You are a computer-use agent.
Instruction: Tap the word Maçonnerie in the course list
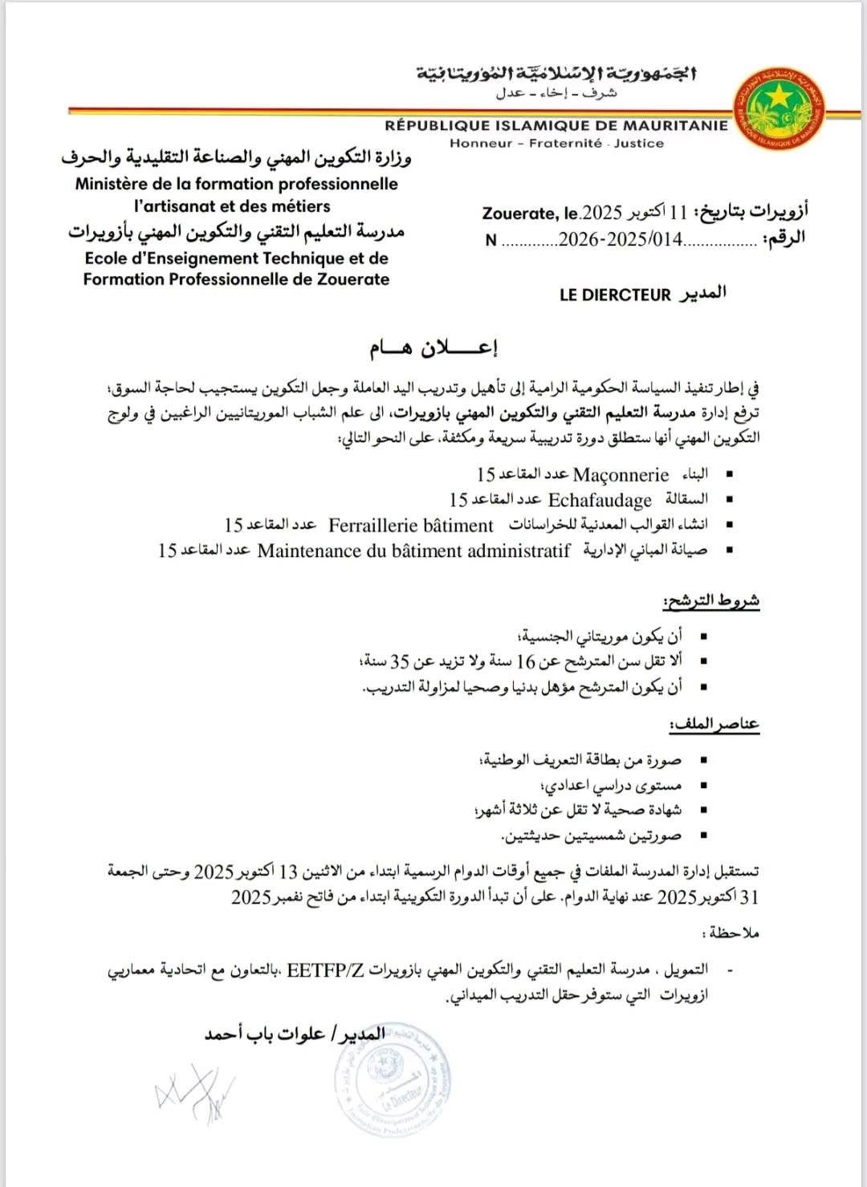621,475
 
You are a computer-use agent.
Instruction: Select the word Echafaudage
600,501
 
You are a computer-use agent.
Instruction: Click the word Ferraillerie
370,526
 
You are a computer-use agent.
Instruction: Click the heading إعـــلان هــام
433,349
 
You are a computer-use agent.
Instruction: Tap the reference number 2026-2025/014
620,239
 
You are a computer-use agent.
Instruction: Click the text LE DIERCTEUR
614,295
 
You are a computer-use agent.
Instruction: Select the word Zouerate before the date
519,213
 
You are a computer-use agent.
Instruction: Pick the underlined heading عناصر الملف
715,725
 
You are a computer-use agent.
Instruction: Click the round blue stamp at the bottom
391,1075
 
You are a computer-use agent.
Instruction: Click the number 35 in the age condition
401,662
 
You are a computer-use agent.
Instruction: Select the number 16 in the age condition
525,662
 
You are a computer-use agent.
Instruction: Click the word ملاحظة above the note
730,933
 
